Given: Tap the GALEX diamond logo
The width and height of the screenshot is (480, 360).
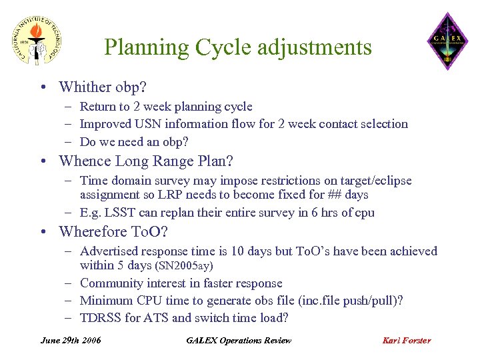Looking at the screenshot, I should pos(447,41).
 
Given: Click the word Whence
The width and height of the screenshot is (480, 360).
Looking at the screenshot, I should pos(85,161).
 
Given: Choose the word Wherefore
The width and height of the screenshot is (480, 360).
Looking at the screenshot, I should pos(93,232).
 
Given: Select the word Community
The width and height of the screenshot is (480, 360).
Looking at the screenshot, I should pos(111,283).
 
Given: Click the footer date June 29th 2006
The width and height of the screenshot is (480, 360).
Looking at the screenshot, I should pos(71,340).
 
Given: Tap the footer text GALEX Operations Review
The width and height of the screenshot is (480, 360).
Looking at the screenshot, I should pos(239,340).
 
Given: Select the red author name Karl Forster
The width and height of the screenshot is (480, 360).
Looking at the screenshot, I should pos(407,340).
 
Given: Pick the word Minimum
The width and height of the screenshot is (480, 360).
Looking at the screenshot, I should pos(106,301).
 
